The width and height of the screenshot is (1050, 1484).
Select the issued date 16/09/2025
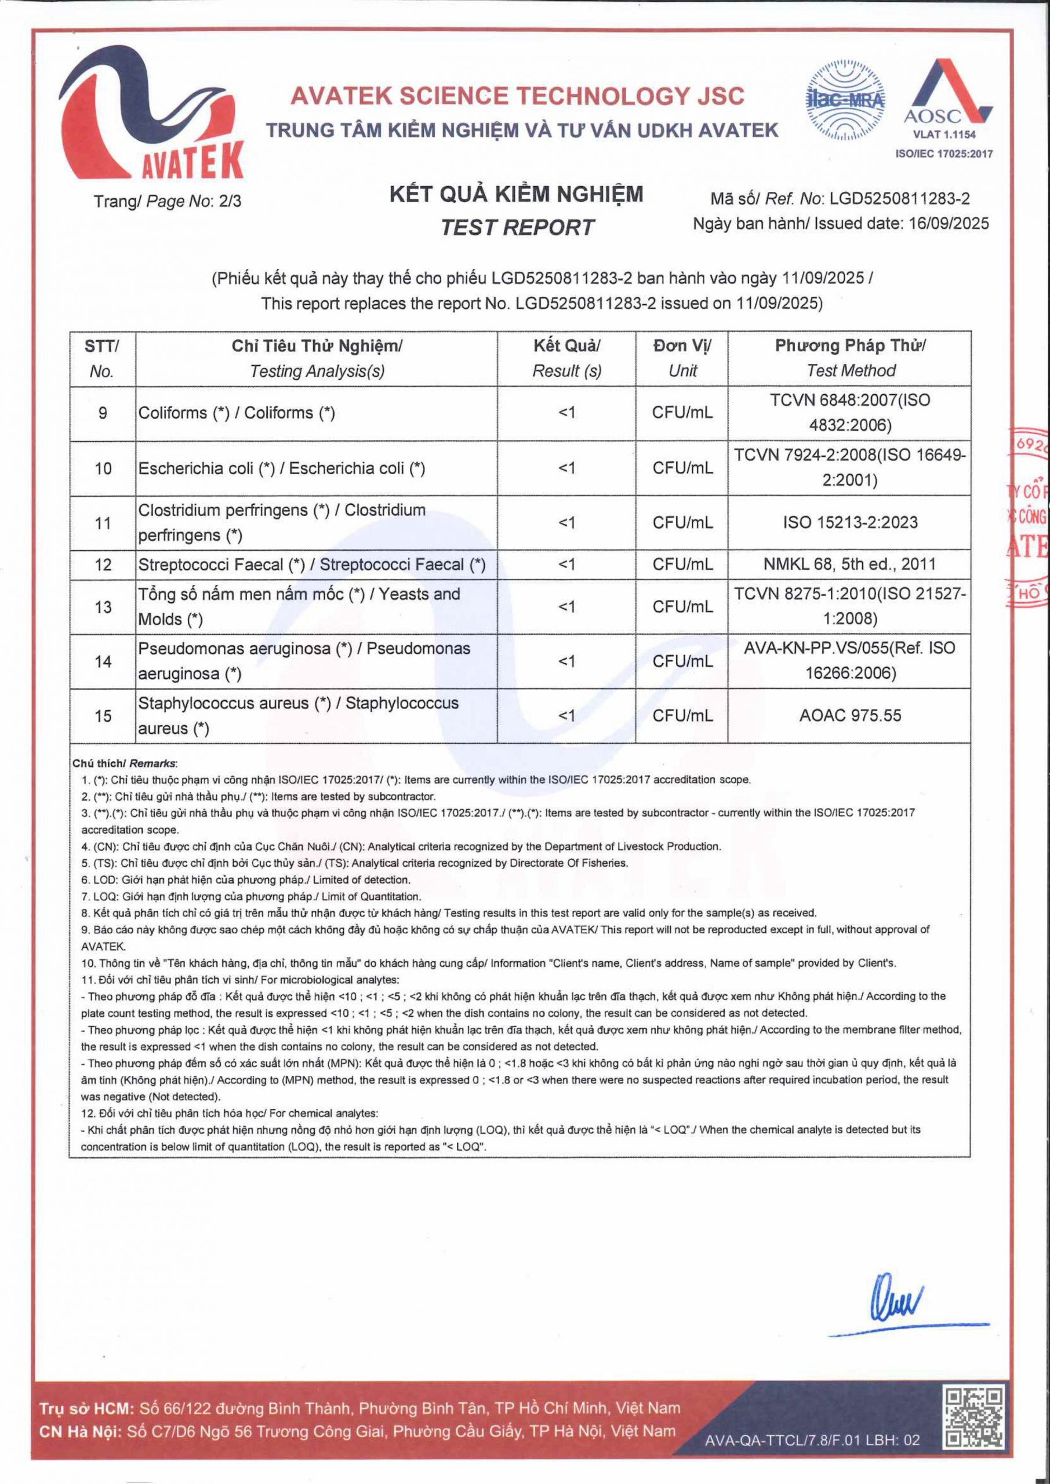click(949, 224)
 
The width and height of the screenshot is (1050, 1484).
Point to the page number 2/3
click(230, 202)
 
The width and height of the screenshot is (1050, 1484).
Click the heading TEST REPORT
click(517, 227)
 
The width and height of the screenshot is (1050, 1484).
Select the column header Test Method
click(849, 370)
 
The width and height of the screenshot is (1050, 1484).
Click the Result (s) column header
click(566, 370)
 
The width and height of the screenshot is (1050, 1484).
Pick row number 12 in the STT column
click(103, 565)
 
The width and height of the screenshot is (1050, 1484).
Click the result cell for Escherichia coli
click(566, 468)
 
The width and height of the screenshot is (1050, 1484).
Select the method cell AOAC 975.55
click(849, 715)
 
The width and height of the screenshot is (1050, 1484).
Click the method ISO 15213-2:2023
click(849, 522)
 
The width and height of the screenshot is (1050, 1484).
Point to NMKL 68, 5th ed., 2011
click(849, 564)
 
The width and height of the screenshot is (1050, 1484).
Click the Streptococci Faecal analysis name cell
click(312, 565)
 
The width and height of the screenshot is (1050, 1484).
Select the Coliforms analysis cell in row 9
click(237, 413)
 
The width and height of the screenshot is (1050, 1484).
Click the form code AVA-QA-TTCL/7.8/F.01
click(812, 1439)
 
